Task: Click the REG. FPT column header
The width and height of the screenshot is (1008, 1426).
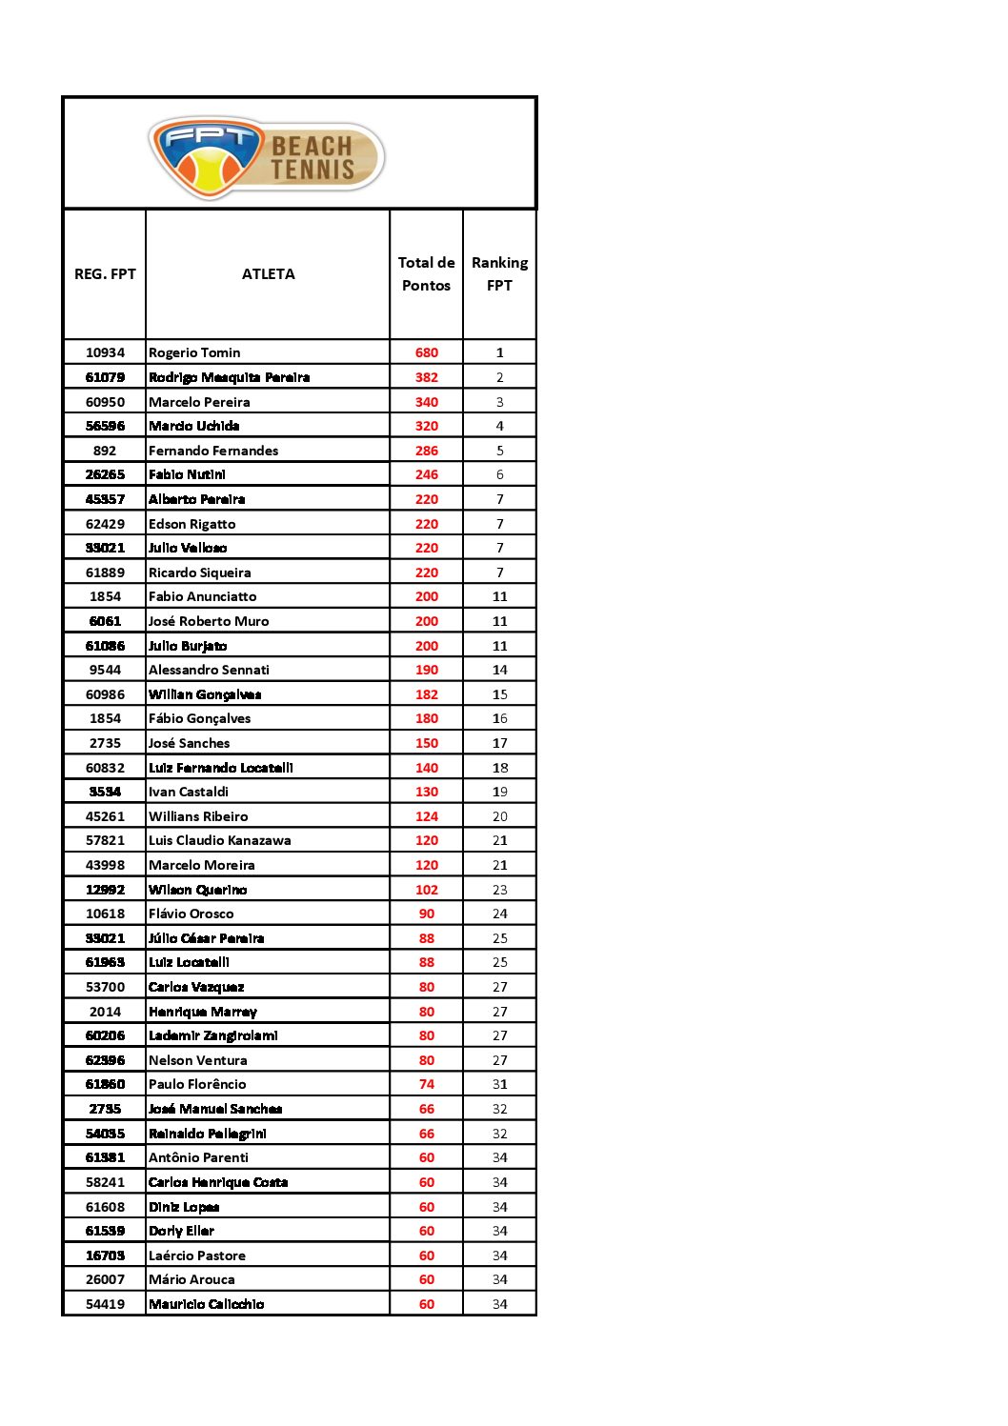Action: [x=105, y=274]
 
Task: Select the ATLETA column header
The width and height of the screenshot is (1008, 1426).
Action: [x=268, y=274]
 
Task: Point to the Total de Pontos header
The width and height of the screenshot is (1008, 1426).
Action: [x=426, y=274]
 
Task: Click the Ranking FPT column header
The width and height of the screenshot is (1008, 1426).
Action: [x=499, y=274]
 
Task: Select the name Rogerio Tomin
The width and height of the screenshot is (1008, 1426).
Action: [x=194, y=352]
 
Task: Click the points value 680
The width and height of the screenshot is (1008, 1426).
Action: [x=426, y=352]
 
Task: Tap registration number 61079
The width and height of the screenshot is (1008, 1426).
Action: [x=105, y=377]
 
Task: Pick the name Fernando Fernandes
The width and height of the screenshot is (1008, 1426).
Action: [x=213, y=451]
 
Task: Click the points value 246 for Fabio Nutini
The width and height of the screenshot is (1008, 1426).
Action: [x=426, y=474]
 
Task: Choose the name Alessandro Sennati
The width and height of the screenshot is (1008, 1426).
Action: [x=209, y=670]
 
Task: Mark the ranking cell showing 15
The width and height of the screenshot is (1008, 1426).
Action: [x=499, y=694]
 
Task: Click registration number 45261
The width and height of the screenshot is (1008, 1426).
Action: [x=105, y=816]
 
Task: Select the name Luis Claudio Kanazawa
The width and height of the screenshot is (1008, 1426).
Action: [x=219, y=840]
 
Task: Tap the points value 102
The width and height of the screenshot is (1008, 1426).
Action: [x=426, y=890]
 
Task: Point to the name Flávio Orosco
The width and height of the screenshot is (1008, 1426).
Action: [x=191, y=914]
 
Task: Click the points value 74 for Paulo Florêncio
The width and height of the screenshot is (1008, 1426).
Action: [x=426, y=1084]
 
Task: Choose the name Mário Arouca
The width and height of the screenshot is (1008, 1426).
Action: [x=192, y=1279]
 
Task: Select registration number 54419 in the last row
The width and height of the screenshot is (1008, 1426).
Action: [x=105, y=1304]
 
